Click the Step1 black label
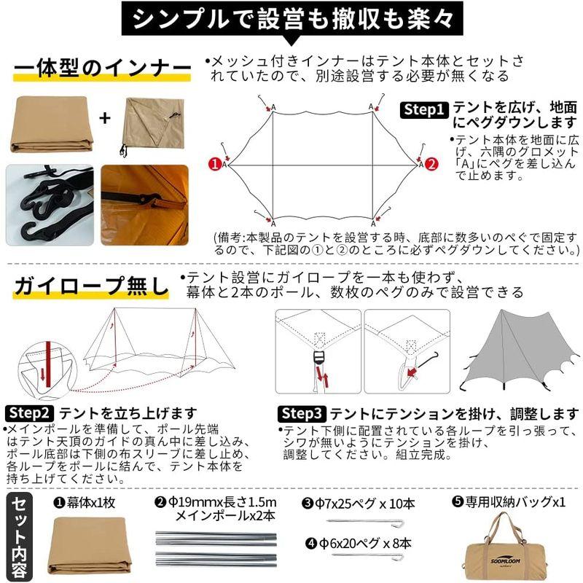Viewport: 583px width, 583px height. [425, 109]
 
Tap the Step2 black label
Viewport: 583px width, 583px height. [30, 413]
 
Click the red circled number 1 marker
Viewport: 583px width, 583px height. [215, 164]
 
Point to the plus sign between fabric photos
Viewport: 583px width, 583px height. [106, 117]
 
